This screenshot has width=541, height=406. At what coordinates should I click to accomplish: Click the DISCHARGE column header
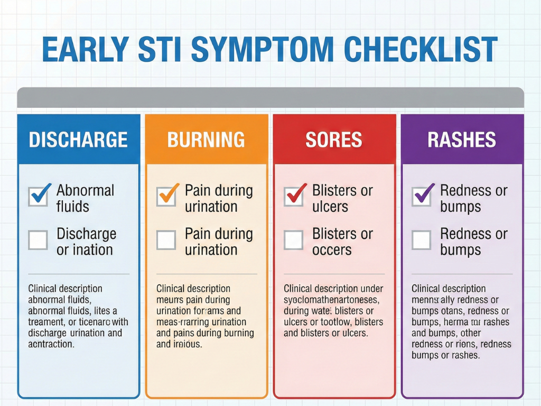[x=78, y=140]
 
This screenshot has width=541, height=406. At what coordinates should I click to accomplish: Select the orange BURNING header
[x=206, y=140]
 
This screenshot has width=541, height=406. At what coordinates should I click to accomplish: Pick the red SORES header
[x=334, y=140]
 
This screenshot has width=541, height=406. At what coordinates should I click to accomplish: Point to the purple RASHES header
[x=462, y=140]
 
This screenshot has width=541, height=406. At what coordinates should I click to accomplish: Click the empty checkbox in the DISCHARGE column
[x=38, y=240]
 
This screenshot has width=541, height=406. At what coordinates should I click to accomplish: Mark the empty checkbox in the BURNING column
[x=166, y=240]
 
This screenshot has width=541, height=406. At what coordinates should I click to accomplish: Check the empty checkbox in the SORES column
[x=294, y=240]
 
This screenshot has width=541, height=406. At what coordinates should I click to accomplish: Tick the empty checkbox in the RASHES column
[x=422, y=240]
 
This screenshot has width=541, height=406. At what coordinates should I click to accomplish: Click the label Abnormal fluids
[x=85, y=198]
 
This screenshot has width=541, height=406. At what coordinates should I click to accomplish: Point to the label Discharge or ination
[x=86, y=242]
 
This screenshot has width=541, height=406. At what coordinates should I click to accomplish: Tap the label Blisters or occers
[x=342, y=242]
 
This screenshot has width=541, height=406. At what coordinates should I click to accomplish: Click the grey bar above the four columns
[x=270, y=98]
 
